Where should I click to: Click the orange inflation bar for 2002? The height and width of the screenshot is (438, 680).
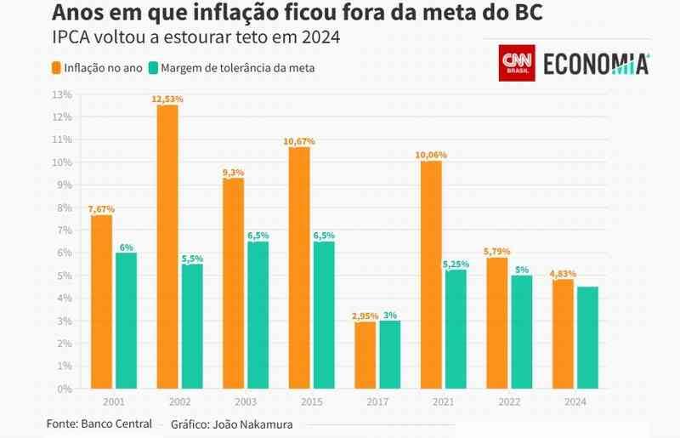[x=167, y=247]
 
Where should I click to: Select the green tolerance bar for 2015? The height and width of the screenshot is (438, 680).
[x=324, y=315]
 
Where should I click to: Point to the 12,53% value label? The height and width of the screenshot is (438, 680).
[x=167, y=100]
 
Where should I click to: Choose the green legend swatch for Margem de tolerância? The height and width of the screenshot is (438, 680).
[x=152, y=68]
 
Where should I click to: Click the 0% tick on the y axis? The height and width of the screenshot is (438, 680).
[x=65, y=389]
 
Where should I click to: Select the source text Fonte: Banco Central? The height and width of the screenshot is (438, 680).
[x=99, y=423]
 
